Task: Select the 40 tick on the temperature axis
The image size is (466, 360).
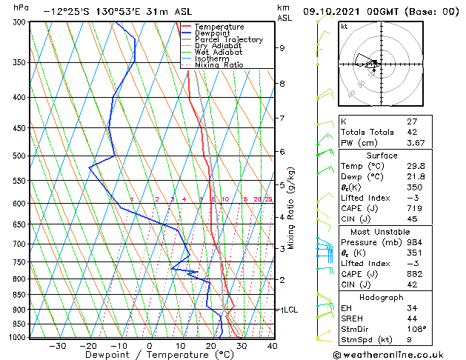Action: coord(272,346)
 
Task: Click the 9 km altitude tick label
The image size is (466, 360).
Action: coord(282,48)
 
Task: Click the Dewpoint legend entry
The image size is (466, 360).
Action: coord(210,33)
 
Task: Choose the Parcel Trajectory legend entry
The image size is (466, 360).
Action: coord(228,40)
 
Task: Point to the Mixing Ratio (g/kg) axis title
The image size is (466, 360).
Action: coord(291,208)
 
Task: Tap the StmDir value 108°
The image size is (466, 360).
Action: coord(416,328)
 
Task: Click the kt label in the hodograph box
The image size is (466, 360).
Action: coord(344,26)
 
